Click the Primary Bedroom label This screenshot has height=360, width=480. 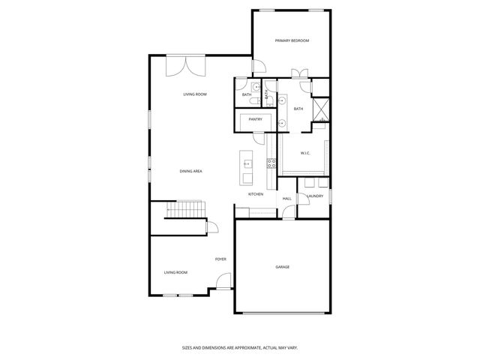292,40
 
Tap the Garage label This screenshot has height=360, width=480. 282,267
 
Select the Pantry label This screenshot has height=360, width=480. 256,118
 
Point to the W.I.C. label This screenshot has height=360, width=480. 305,153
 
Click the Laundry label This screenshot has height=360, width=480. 315,196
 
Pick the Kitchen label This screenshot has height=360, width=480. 256,195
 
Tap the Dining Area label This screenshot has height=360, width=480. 190,171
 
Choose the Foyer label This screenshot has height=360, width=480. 220,259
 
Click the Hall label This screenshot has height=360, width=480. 286,198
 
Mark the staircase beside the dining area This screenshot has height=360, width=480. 185,209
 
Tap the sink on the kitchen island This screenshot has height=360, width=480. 247,163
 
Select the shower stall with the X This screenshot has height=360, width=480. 320,109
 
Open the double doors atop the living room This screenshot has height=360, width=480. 187,65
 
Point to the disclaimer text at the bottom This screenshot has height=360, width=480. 240,347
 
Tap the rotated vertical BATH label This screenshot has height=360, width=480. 265,94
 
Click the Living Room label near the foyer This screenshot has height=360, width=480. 175,272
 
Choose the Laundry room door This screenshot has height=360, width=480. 303,198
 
